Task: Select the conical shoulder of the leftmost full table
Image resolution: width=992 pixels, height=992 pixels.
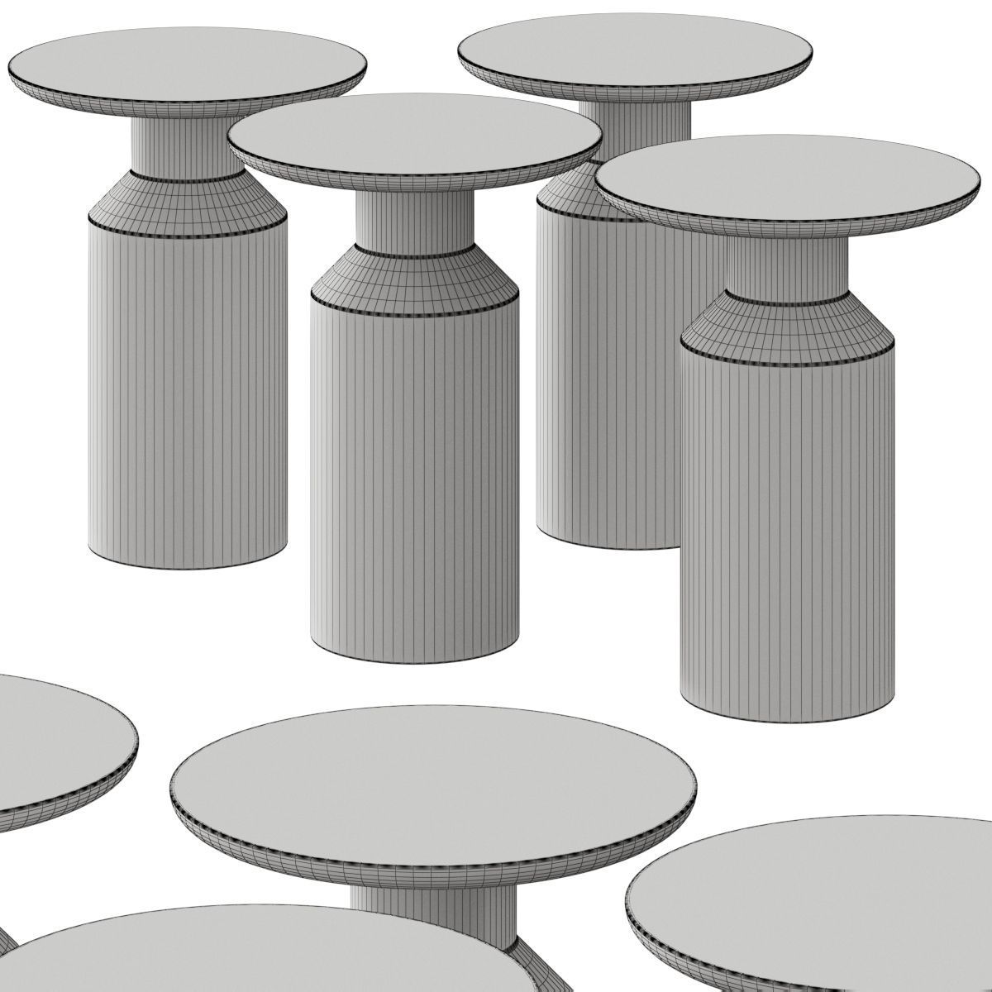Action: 190,198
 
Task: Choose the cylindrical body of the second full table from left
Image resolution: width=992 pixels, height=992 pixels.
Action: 409,479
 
